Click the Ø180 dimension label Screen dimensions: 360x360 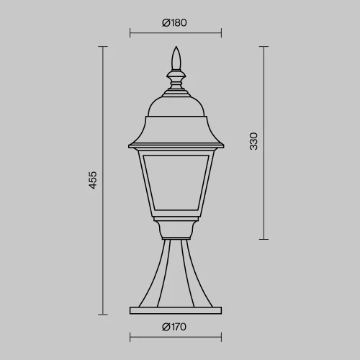tap(174, 22)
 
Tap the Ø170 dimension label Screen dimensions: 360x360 tap(174, 327)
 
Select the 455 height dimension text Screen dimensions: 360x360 tap(93, 180)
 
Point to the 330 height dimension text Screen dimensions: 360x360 tap(253, 141)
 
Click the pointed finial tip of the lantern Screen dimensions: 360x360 tap(176, 47)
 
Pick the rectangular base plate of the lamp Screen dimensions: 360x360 tap(176, 310)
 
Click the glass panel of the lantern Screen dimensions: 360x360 tap(176, 183)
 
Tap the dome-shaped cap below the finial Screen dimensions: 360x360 tap(176, 107)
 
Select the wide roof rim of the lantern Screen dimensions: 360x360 tap(176, 146)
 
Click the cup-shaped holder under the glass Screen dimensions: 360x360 tap(176, 230)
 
